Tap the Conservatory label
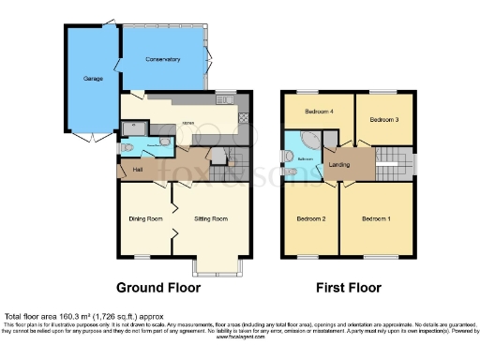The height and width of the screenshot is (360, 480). [163, 60]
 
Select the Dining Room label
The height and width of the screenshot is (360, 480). [145, 218]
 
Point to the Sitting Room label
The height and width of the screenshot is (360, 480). [211, 218]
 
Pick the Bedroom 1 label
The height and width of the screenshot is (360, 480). [376, 218]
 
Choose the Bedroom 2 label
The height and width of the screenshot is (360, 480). [311, 218]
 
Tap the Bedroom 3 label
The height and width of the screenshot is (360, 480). [383, 120]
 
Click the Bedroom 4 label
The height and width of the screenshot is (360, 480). [320, 111]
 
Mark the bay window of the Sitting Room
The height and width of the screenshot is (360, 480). [218, 266]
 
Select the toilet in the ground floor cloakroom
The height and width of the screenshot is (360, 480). [165, 143]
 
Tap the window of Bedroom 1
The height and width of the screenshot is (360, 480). [376, 256]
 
